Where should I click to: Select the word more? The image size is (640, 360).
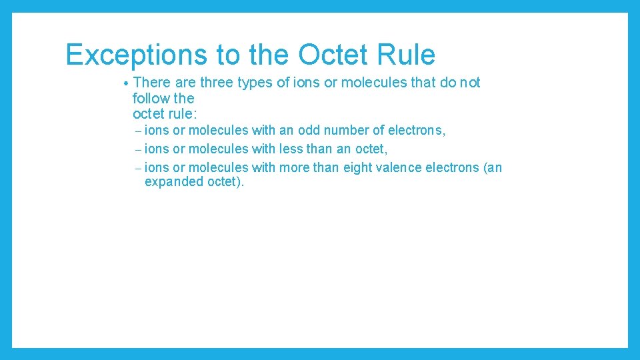(x=294, y=167)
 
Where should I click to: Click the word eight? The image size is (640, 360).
(x=358, y=167)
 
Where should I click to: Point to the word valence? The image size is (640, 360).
(x=402, y=167)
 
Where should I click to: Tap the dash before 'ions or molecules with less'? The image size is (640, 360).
(x=137, y=149)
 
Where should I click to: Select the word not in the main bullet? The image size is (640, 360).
(x=470, y=83)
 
